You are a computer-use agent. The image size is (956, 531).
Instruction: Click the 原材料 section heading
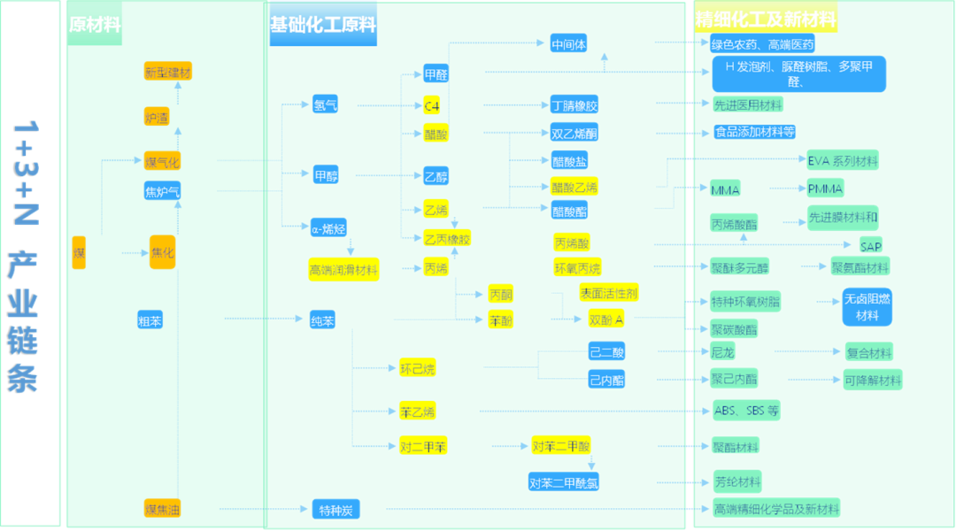[95, 25]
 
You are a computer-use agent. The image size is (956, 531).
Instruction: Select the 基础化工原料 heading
[323, 25]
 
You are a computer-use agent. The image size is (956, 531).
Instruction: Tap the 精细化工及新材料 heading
[766, 19]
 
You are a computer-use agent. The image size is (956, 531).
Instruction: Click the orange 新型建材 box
[168, 73]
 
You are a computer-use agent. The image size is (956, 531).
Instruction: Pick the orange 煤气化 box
[162, 161]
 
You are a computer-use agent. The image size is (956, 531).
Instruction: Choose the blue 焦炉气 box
[162, 190]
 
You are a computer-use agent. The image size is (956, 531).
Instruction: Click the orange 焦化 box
[163, 252]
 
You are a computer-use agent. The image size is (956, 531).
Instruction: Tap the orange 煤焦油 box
[163, 509]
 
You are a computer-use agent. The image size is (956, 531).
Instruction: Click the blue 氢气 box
[325, 105]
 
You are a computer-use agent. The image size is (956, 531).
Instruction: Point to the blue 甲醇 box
[326, 175]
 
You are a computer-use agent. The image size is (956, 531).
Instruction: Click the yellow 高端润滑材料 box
[343, 270]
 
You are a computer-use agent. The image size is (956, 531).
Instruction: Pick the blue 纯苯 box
[322, 321]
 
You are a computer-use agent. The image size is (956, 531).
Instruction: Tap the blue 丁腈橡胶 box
[574, 105]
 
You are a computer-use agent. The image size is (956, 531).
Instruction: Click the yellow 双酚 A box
[606, 319]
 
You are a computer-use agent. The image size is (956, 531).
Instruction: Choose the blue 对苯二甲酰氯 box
[564, 482]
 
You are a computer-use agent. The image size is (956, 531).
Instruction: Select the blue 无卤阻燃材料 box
[867, 307]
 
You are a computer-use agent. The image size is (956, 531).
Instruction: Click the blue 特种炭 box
[335, 510]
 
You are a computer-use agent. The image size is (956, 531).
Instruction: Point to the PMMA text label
[825, 189]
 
